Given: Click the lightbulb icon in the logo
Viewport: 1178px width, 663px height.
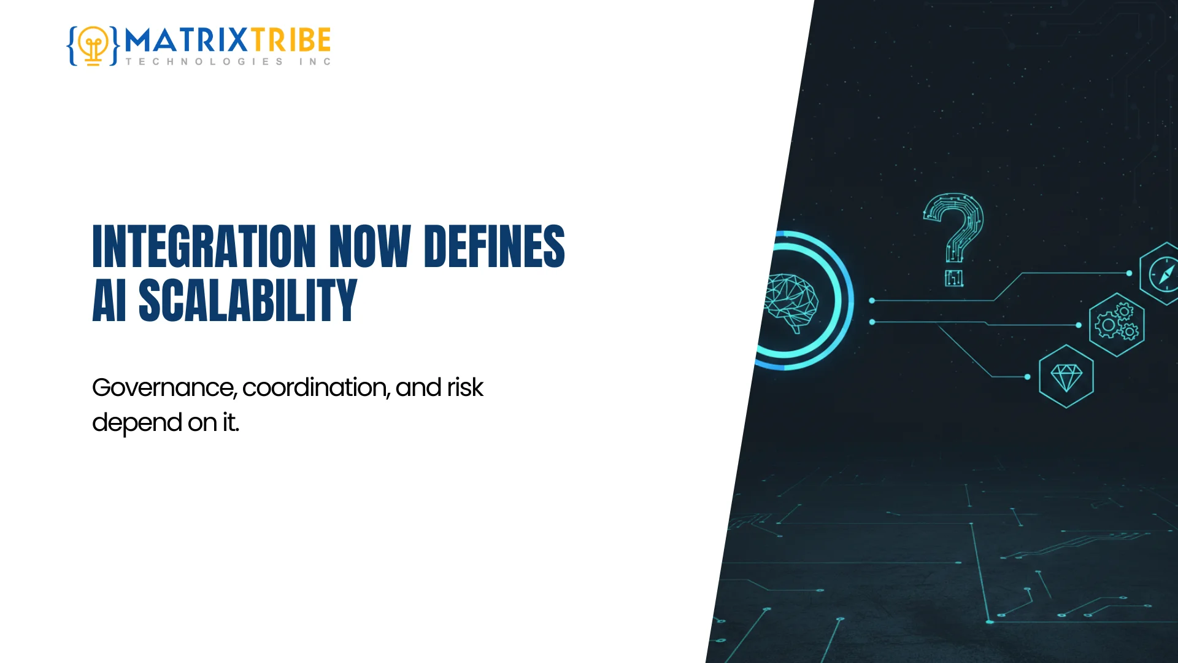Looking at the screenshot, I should pyautogui.click(x=93, y=45).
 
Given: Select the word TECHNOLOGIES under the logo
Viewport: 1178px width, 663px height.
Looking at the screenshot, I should pyautogui.click(x=204, y=62).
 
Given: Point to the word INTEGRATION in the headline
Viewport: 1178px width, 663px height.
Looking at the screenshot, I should pyautogui.click(x=204, y=247).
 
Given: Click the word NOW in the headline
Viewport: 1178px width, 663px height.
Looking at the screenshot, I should pyautogui.click(x=369, y=247).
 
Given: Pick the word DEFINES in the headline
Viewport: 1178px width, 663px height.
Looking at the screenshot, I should pyautogui.click(x=494, y=247).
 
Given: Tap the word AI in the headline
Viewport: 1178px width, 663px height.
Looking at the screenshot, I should pyautogui.click(x=109, y=300).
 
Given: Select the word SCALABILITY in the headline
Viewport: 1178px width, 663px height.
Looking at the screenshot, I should pyautogui.click(x=248, y=300).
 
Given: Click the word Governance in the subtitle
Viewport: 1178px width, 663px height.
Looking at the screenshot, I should pyautogui.click(x=163, y=388).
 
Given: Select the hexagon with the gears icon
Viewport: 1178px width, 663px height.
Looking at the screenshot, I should pyautogui.click(x=1117, y=325).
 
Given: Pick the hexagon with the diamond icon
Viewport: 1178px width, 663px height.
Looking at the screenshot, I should pyautogui.click(x=1066, y=376).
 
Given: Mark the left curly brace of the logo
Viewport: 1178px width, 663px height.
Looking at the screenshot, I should pyautogui.click(x=72, y=45).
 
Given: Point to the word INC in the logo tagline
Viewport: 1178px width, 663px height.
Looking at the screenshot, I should pyautogui.click(x=315, y=62).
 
